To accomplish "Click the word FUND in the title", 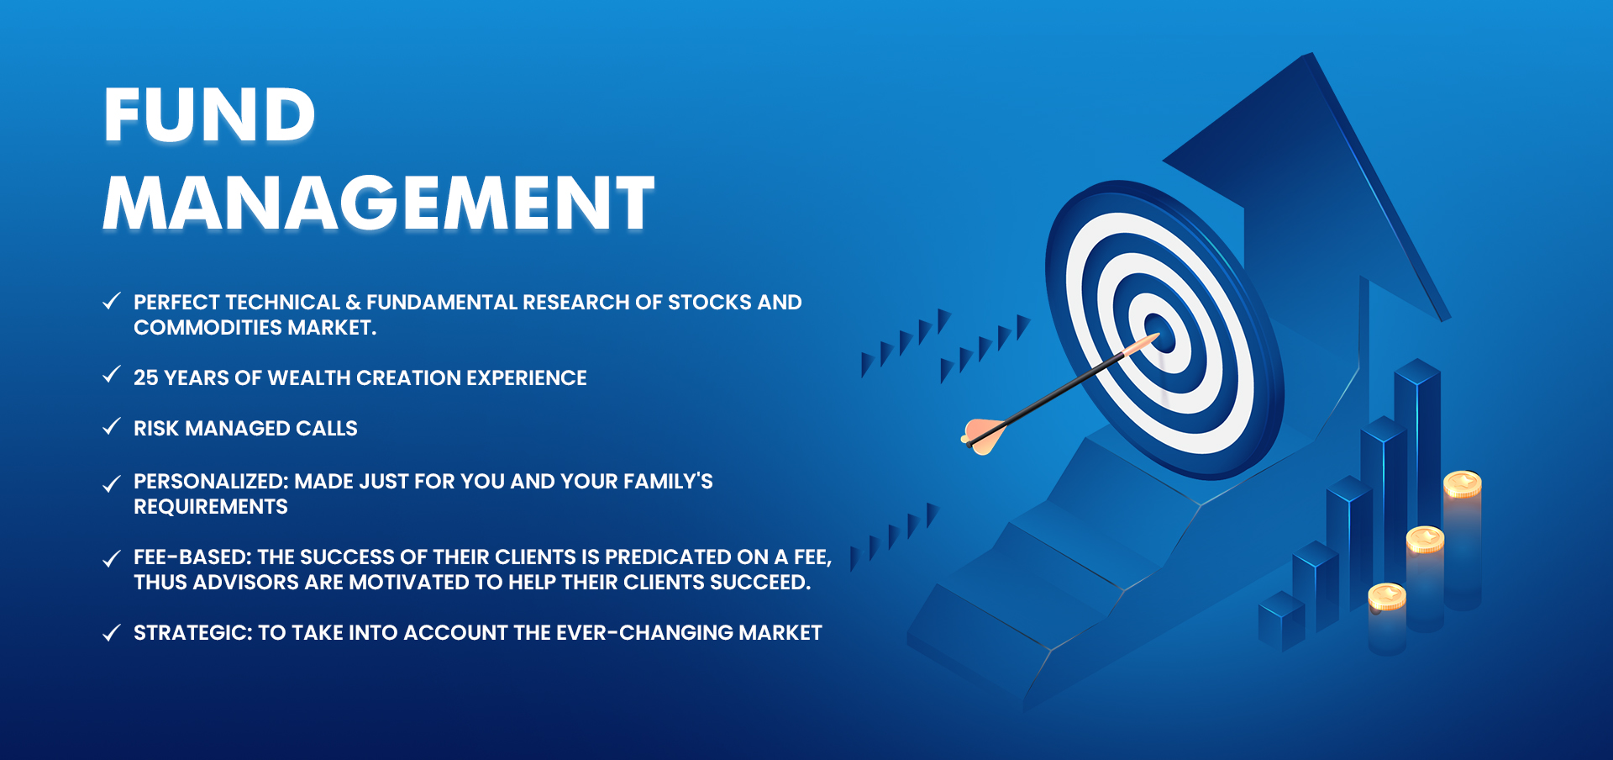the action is point(209,115).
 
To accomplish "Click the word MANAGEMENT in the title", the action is point(378,203).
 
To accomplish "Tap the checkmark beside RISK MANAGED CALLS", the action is point(111,427).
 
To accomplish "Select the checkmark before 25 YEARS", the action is point(111,375).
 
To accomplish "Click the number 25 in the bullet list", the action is point(145,378).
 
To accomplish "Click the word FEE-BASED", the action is point(192,557).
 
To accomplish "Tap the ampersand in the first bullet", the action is point(353,303).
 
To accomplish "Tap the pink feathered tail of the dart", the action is point(983,435).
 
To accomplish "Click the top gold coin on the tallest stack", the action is point(1462,484).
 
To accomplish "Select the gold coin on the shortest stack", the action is point(1387,596).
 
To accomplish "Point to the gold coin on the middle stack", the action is point(1425,539).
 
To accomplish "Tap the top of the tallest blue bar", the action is point(1417,371).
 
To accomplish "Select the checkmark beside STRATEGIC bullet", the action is point(111,632).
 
